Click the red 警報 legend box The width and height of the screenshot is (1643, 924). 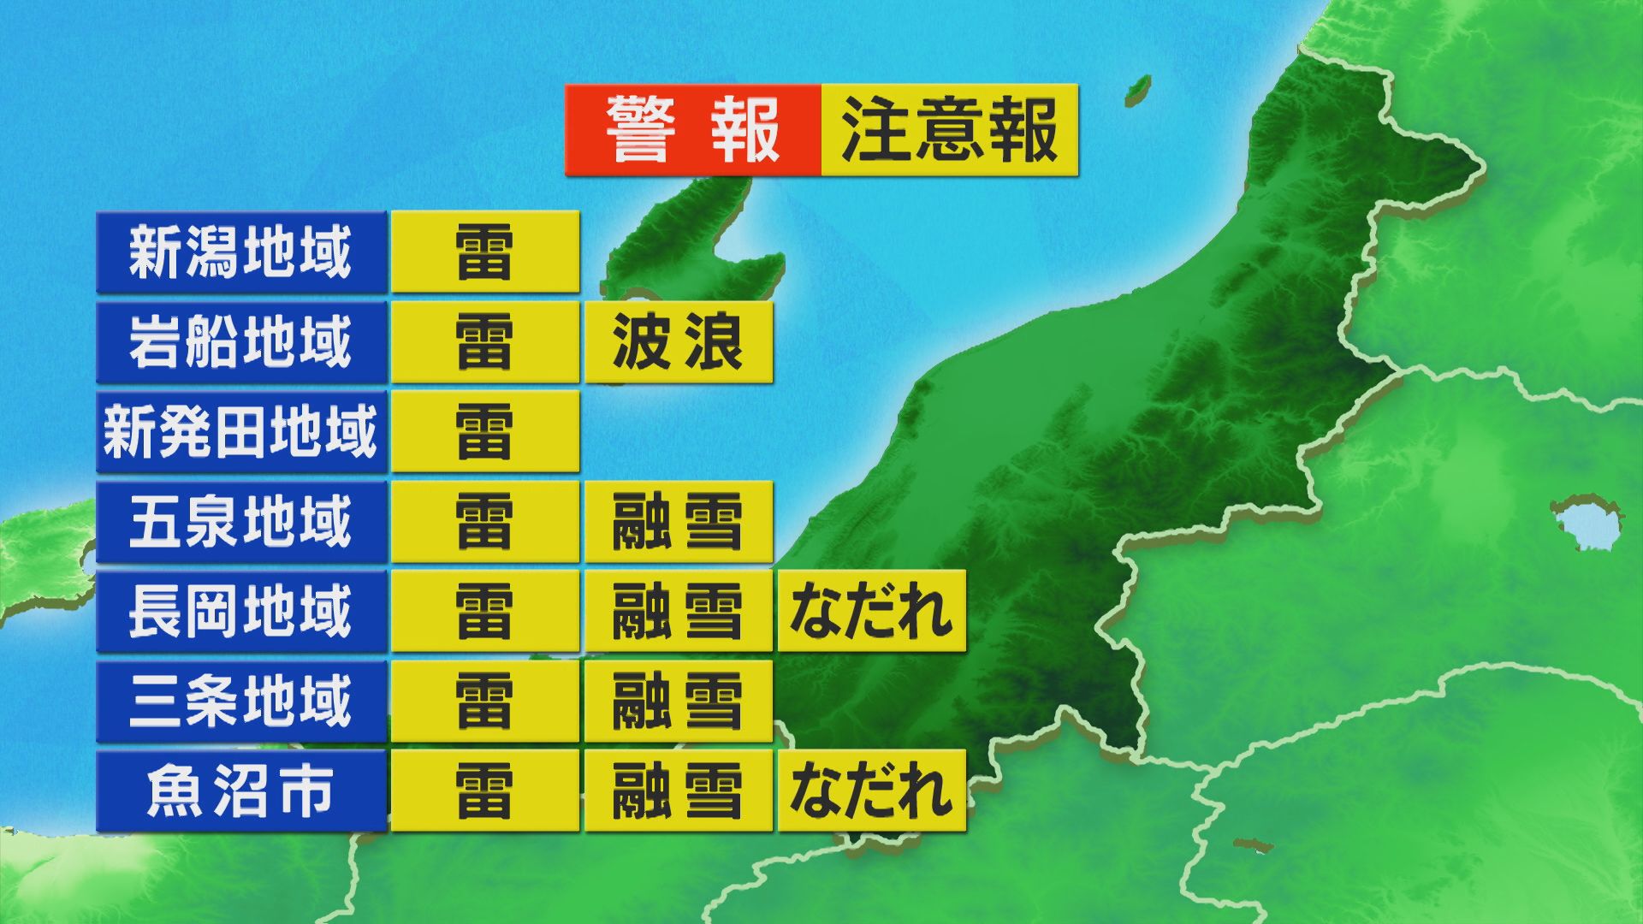coord(693,130)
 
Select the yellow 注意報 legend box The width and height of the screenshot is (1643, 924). coord(949,130)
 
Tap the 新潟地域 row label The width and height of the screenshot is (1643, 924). coord(241,252)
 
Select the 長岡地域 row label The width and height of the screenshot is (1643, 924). coord(241,611)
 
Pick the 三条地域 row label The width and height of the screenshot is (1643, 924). coord(241,701)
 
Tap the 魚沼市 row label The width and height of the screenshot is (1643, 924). coord(241,791)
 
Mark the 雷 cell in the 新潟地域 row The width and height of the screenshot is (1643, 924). coord(485,252)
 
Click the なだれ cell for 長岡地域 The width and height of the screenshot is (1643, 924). coord(872,611)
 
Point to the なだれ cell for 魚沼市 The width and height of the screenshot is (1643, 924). coord(872,791)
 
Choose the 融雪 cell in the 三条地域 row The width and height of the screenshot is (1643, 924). coord(679,701)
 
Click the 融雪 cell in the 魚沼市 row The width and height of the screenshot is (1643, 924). coord(679,791)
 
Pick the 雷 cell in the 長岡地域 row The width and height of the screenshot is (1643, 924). coord(485,611)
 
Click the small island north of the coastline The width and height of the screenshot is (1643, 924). coord(1137,87)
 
